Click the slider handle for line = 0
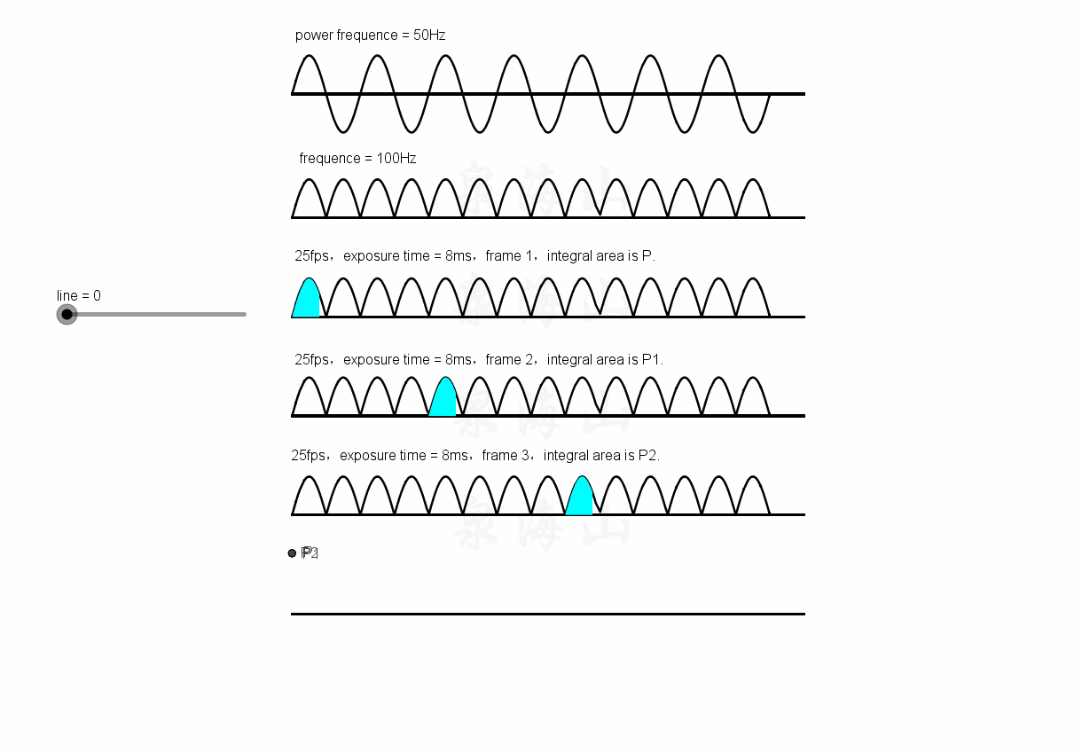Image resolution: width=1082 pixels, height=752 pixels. pos(67,314)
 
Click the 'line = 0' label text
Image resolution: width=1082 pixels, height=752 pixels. pos(79,295)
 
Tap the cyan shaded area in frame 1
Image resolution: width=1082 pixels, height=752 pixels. pos(307,302)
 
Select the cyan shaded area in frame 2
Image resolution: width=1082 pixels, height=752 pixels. pos(443,401)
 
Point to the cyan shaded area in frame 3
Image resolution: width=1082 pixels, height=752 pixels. pos(580,499)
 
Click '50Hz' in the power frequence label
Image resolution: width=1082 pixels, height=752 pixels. pos(429,35)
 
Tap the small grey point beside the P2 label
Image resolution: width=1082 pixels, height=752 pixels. pos(292,553)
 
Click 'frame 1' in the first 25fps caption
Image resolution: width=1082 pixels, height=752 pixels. pos(510,256)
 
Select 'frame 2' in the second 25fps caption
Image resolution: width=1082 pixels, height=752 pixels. pos(510,360)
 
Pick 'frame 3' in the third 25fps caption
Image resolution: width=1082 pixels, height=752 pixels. pos(506,456)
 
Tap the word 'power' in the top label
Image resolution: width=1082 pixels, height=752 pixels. pos(314,35)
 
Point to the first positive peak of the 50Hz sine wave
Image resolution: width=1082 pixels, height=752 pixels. pos(308,56)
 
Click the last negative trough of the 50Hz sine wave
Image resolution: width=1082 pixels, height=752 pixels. pos(753,132)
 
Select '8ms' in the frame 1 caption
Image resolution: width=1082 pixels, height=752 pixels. pos(459,256)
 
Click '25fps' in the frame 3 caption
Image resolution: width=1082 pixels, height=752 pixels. pos(308,456)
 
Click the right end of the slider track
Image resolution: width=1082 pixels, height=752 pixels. pos(244,314)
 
